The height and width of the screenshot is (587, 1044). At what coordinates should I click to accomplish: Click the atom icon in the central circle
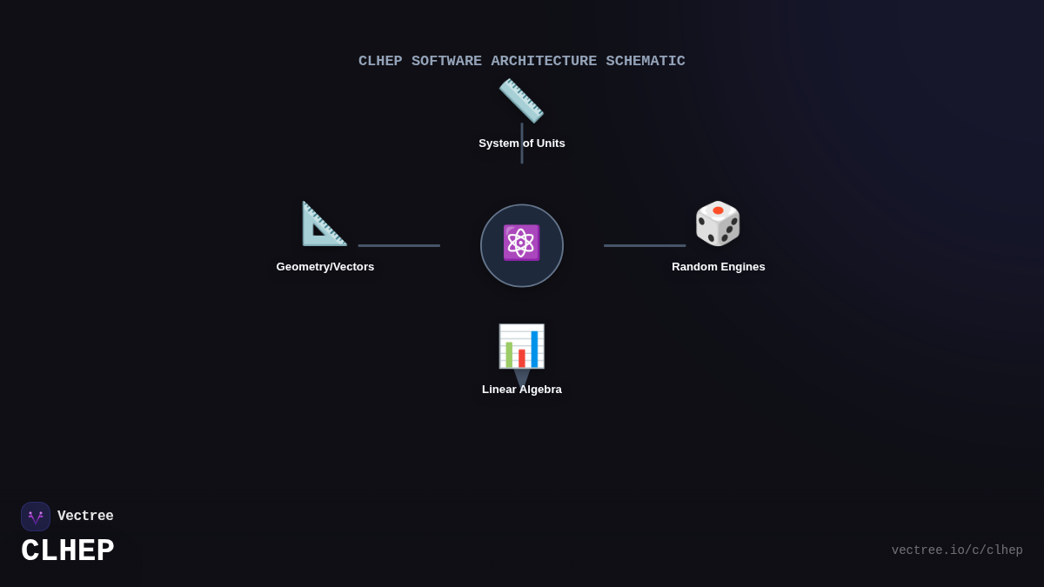click(521, 243)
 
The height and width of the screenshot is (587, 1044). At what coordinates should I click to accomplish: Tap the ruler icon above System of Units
click(521, 100)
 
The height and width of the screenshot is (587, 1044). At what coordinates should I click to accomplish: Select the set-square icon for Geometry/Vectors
click(324, 223)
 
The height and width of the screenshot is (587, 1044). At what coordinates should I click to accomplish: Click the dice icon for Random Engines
click(718, 223)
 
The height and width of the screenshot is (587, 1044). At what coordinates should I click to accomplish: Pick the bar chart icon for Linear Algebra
click(521, 346)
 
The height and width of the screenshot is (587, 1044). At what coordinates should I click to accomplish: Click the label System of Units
click(522, 143)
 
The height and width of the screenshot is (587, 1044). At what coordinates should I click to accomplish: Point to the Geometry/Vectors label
click(325, 267)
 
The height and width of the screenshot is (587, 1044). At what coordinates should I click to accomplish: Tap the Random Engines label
click(719, 267)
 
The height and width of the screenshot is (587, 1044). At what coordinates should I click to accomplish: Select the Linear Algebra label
click(522, 390)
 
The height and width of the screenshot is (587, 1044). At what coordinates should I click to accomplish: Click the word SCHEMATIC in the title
click(646, 62)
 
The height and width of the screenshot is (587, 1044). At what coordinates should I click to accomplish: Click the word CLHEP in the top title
click(380, 62)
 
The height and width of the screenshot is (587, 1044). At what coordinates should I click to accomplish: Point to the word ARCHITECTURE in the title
click(544, 62)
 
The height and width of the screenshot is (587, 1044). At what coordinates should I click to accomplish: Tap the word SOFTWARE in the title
click(446, 62)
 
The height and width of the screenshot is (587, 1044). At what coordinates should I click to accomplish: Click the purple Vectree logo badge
click(36, 517)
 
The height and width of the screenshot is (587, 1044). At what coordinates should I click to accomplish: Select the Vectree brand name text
click(85, 517)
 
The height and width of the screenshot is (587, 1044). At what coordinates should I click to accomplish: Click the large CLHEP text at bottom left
click(68, 551)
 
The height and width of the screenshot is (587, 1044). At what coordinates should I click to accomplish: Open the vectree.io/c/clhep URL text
click(957, 550)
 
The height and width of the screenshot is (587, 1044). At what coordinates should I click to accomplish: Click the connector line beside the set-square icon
click(399, 245)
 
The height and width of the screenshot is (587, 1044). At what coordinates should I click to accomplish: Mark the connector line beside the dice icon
click(645, 245)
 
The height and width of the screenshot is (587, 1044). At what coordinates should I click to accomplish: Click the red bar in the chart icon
click(522, 357)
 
